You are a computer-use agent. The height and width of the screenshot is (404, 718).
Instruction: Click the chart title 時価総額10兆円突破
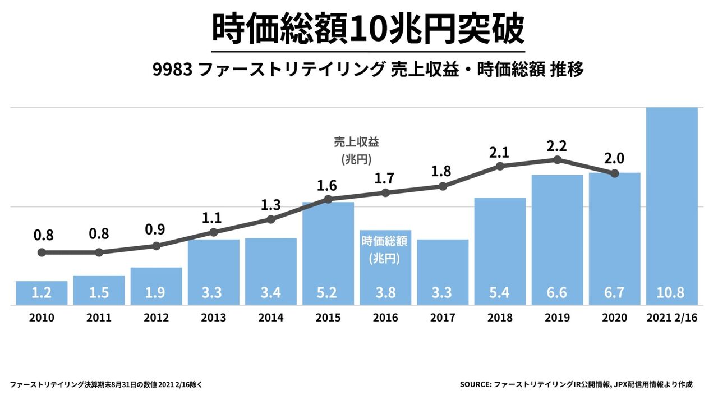pos(368,29)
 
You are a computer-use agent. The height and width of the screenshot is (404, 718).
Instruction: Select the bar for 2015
pos(328,252)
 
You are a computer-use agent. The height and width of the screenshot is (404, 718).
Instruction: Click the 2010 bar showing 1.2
pos(42,293)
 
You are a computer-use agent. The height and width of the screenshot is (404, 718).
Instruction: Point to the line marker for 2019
pos(557,160)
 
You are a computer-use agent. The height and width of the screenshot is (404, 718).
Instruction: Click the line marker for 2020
pos(615,173)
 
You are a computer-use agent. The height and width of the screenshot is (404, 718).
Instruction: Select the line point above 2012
pos(157,246)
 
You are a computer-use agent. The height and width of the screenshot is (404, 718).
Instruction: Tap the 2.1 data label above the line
pos(500,152)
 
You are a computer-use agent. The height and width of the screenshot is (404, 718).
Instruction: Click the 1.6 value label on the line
pos(328,185)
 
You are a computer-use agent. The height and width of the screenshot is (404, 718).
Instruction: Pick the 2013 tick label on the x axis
pos(214,318)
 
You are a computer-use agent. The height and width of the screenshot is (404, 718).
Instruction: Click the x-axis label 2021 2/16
pos(672,318)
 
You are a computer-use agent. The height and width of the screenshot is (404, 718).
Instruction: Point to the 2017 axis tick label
pos(443,318)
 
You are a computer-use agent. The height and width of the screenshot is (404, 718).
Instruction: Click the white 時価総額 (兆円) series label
pos(385,250)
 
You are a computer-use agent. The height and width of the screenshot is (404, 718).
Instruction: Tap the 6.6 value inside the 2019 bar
pos(557,293)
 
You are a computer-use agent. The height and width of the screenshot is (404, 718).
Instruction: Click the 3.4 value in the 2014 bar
pos(271,293)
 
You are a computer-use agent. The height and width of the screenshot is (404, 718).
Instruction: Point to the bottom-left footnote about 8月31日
pos(107,384)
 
